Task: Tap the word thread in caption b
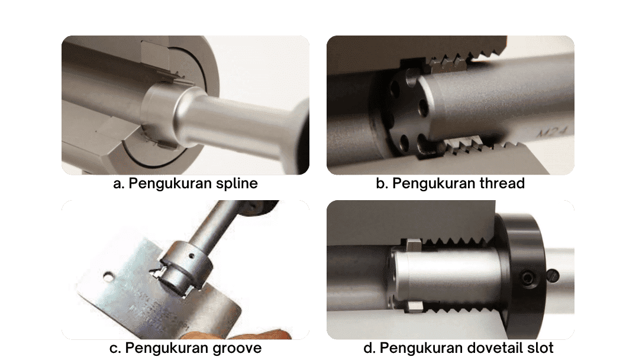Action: pyautogui.click(x=502, y=184)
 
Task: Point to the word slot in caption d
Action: pyautogui.click(x=539, y=348)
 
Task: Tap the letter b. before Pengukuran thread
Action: pyautogui.click(x=382, y=184)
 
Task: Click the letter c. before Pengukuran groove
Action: pyautogui.click(x=115, y=349)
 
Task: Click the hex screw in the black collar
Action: pyautogui.click(x=527, y=278)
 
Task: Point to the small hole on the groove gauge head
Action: pyautogui.click(x=192, y=257)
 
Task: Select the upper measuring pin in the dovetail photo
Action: pyautogui.click(x=413, y=245)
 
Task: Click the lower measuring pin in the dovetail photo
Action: pyautogui.click(x=414, y=307)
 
